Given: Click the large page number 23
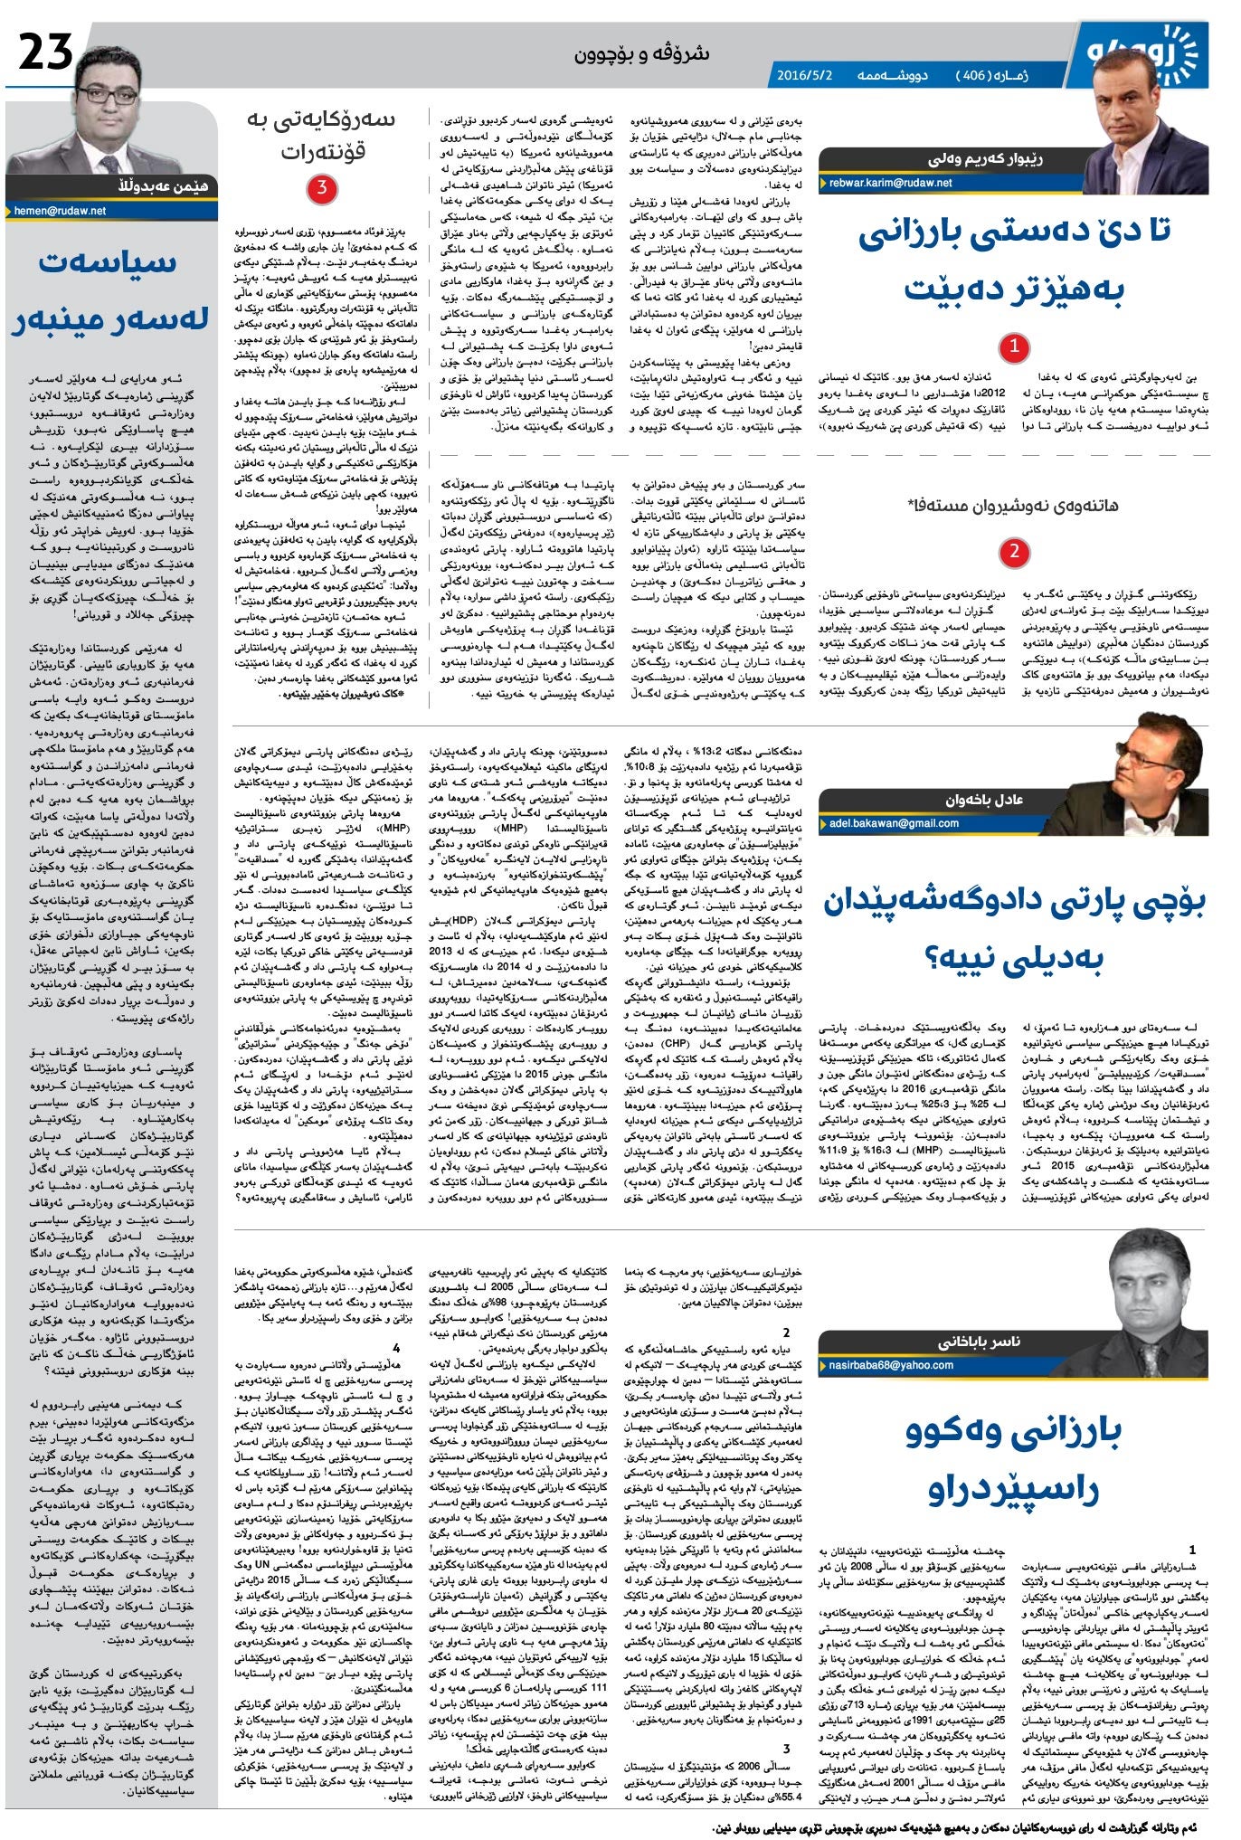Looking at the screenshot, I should click(x=45, y=52).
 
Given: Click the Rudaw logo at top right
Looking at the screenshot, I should click(x=1147, y=52).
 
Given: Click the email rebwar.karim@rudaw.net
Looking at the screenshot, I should click(x=890, y=183).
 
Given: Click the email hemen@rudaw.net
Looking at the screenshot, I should click(x=60, y=211).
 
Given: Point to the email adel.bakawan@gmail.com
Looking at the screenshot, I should click(x=894, y=823).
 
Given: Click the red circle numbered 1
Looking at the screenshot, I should click(x=1014, y=346).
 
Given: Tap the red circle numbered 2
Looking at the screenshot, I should click(x=1014, y=551).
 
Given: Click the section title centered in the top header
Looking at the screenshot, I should click(x=642, y=54).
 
